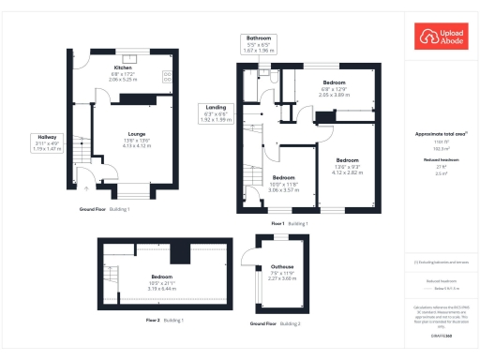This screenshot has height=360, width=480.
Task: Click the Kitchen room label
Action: [123, 68]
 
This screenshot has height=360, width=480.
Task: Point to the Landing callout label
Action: [214, 108]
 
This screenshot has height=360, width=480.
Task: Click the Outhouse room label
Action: [282, 266]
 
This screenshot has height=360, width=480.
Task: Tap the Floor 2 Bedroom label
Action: [162, 277]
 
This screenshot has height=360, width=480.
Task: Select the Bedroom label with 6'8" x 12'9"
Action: [334, 82]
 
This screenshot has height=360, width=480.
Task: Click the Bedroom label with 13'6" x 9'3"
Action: [348, 160]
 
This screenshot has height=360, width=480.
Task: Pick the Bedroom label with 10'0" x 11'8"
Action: [284, 177]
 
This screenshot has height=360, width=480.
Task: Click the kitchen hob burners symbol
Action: [167, 74]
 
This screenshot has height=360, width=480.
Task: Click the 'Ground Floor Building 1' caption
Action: [104, 209]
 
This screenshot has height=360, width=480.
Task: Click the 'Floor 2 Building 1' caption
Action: [164, 321]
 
